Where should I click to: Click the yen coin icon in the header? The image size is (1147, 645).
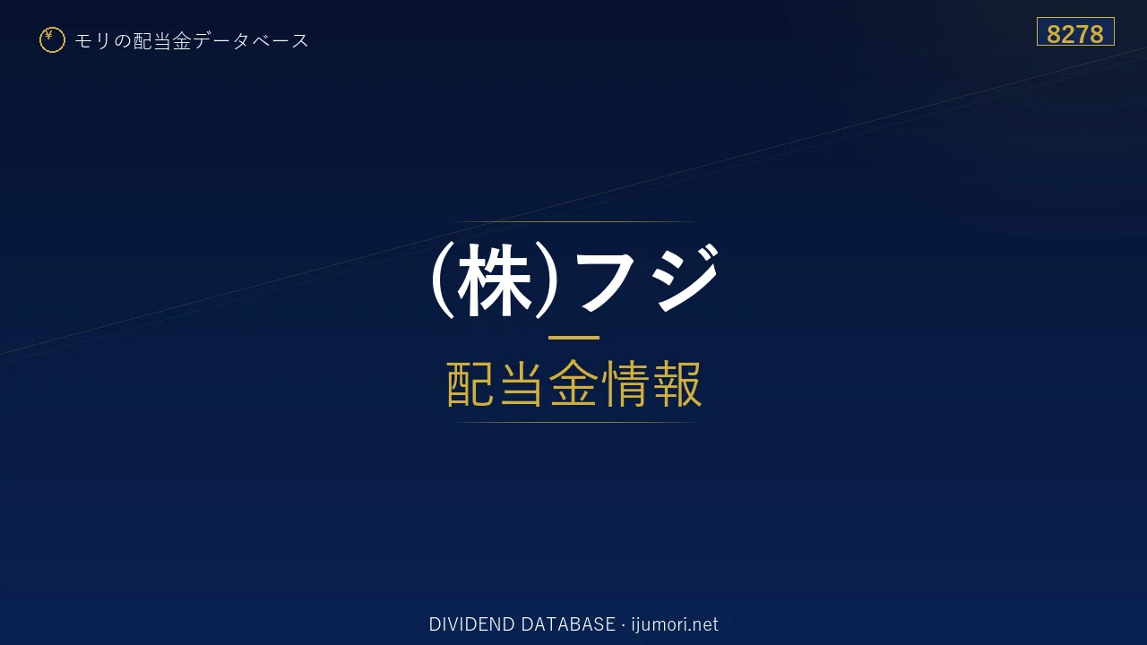(52, 40)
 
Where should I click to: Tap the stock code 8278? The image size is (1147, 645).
(1074, 34)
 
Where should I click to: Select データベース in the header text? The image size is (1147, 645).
(252, 40)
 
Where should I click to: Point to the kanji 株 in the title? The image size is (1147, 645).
(494, 279)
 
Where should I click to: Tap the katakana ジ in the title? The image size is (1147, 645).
(686, 278)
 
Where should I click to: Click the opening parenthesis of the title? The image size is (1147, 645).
(443, 279)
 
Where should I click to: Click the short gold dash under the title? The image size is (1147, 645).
(573, 338)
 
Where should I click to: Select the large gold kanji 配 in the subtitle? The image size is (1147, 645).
(470, 383)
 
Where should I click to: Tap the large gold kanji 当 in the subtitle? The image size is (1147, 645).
(522, 383)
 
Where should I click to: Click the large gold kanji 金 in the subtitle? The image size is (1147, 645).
(573, 383)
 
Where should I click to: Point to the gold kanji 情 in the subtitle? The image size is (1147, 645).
(625, 383)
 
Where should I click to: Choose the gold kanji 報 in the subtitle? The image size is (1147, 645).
(677, 383)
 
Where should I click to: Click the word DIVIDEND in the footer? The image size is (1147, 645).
(471, 624)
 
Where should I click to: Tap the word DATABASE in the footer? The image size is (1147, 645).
(568, 624)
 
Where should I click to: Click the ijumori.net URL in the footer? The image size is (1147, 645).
(675, 624)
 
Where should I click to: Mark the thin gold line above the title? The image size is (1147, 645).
(573, 221)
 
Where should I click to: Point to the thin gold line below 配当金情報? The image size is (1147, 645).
(573, 422)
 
